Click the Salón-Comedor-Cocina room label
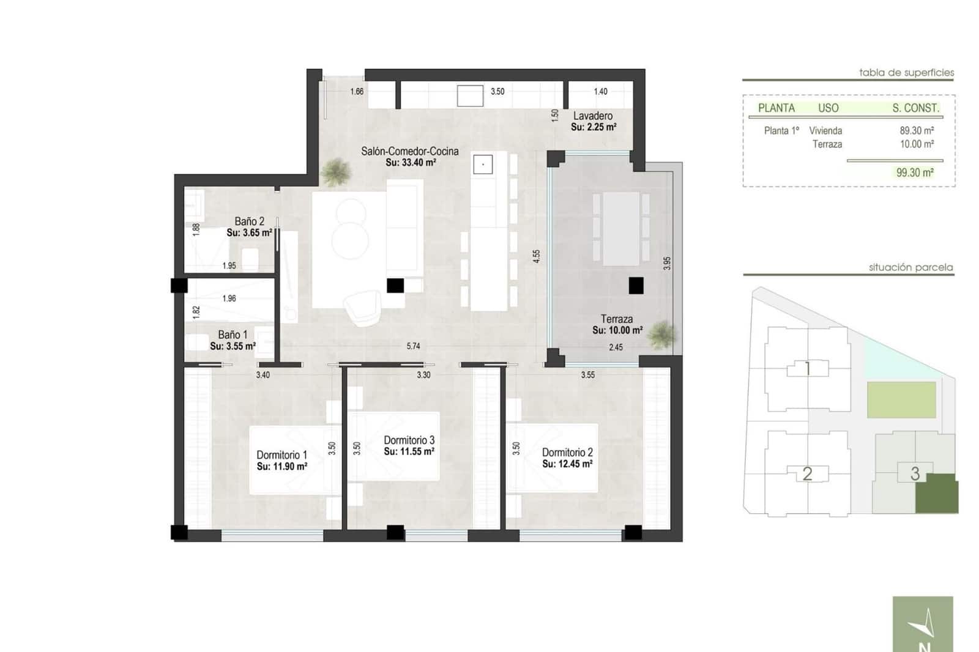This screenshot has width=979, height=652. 409,151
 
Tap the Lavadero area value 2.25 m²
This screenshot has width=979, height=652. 594,127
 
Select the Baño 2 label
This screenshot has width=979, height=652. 249,221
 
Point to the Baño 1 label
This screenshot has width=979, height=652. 233,335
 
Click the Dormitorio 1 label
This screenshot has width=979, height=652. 281,455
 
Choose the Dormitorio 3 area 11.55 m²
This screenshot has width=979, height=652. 409,452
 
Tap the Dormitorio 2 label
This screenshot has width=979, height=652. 567,453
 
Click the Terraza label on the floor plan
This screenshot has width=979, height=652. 617,319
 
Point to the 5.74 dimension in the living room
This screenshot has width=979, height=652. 414,346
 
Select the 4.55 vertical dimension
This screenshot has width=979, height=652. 537,256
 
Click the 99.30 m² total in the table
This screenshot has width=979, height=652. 915,173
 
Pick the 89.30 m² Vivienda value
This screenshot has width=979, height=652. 917,130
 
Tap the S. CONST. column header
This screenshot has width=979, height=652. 915,108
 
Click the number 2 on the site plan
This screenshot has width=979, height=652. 807,473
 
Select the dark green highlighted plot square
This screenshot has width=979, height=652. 936,493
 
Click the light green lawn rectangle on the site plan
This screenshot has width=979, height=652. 901,400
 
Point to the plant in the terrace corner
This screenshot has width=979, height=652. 661,335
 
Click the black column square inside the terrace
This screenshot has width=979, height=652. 636,286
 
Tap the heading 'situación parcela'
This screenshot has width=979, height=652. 910,267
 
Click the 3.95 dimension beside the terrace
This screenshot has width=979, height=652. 667,263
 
